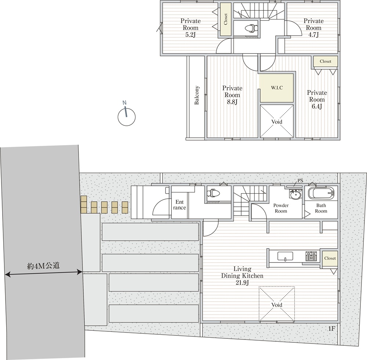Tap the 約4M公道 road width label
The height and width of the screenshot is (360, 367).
click(x=44, y=266)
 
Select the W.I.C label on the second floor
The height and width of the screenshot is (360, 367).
click(x=277, y=88)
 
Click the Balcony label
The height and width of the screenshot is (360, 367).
click(x=197, y=95)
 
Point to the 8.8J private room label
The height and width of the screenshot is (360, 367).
click(x=232, y=95)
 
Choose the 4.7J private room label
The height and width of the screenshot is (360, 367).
click(x=314, y=27)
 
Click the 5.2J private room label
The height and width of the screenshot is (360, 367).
click(x=190, y=28)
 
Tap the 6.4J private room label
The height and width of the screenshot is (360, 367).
click(x=317, y=99)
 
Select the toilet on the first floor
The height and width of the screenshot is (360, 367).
click(x=213, y=193)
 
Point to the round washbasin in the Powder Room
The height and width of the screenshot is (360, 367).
click(x=295, y=195)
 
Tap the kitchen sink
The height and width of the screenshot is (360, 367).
click(x=285, y=256)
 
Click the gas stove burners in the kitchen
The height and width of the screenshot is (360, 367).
click(x=311, y=256)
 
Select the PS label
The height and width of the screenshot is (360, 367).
click(x=300, y=181)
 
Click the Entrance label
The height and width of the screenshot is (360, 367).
click(x=179, y=205)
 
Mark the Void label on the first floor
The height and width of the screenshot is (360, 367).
click(x=277, y=305)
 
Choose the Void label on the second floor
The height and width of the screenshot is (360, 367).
click(x=277, y=122)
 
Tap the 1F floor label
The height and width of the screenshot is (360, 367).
click(x=332, y=329)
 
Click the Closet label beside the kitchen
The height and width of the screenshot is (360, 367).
click(x=330, y=258)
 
